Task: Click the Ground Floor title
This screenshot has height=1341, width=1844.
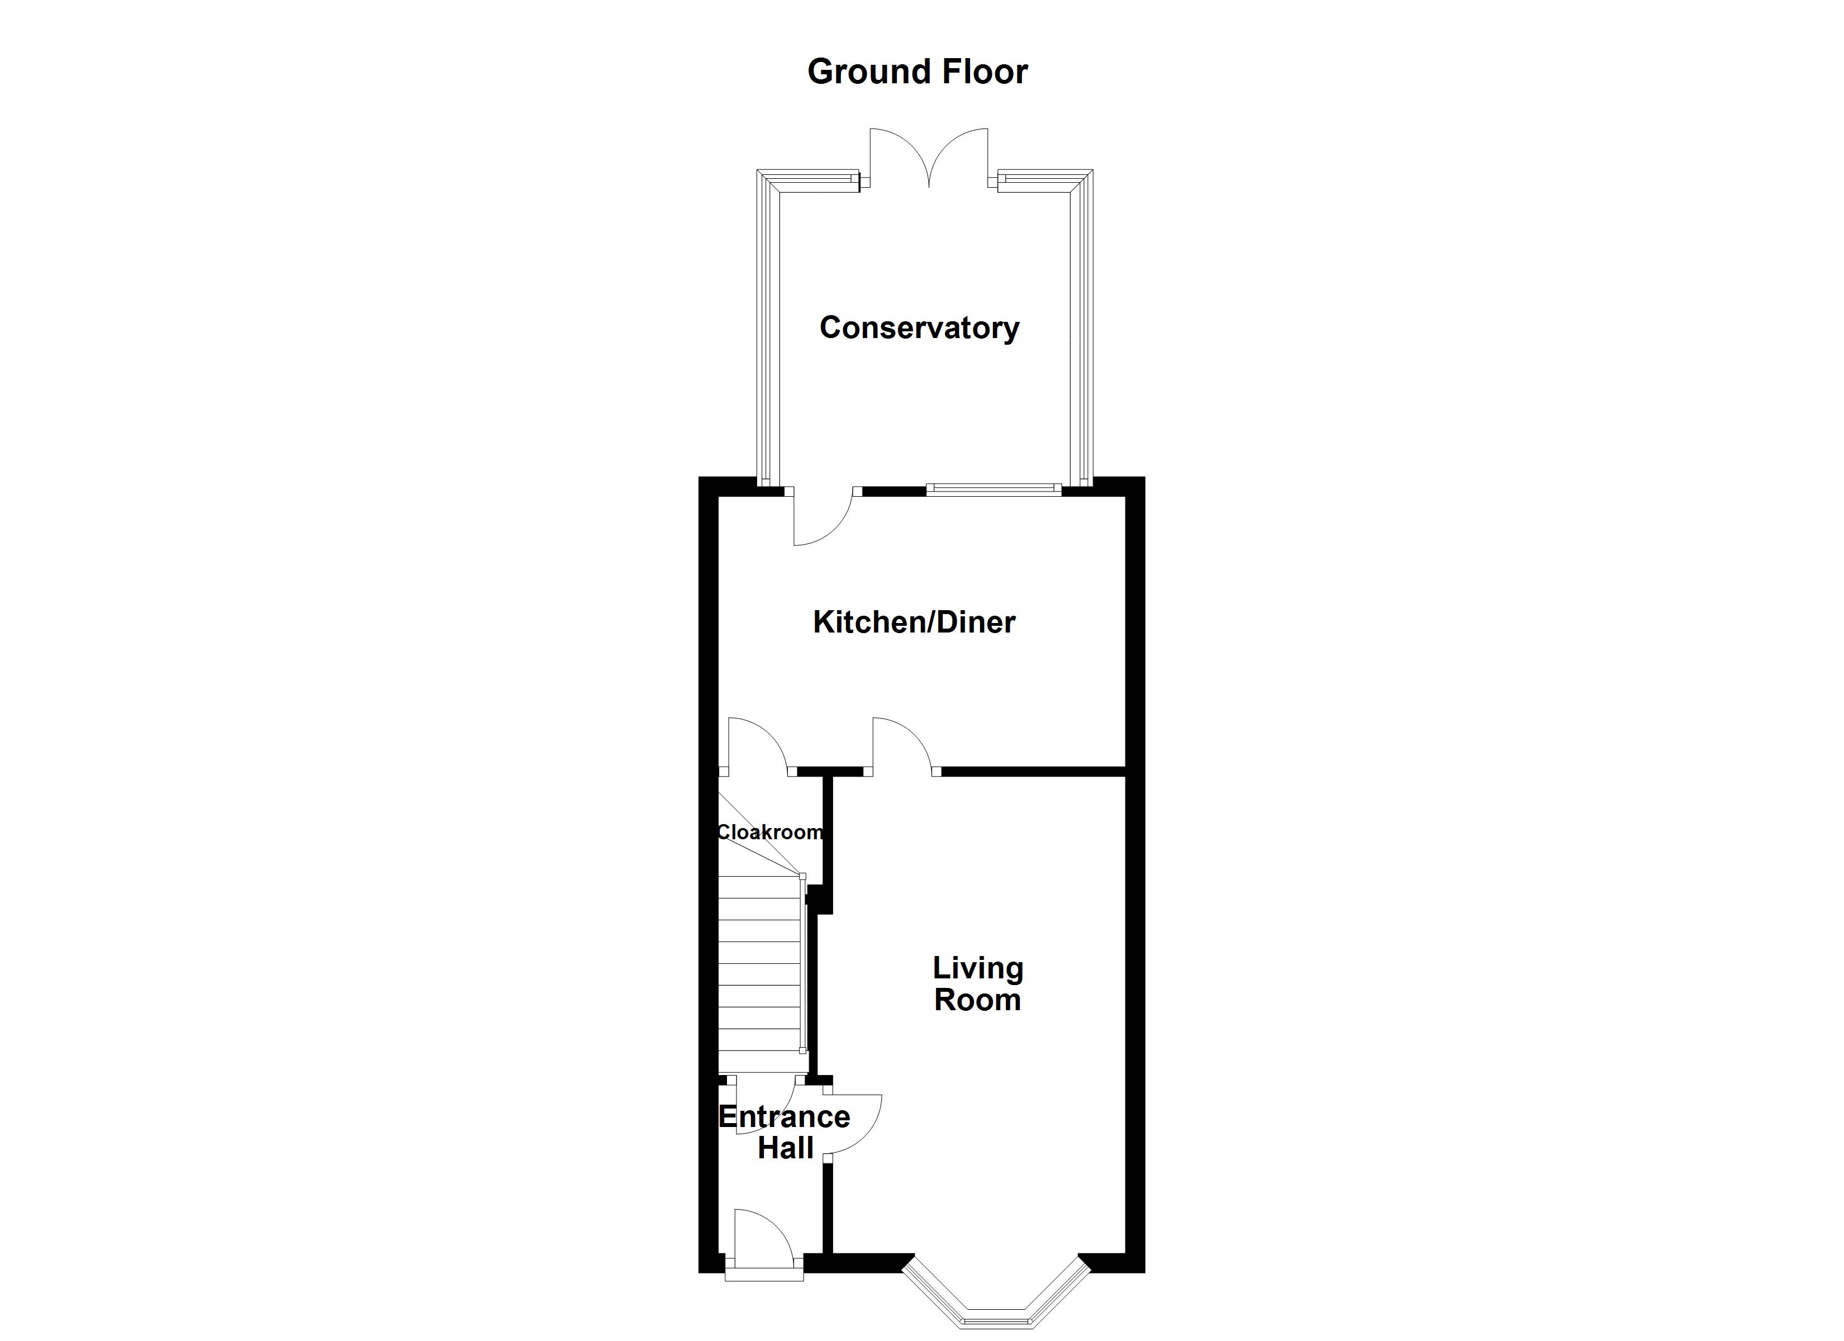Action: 917,72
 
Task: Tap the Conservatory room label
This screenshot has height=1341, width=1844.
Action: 919,328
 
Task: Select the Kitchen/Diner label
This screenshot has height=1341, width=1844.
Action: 914,622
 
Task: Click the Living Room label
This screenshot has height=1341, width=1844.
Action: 977,984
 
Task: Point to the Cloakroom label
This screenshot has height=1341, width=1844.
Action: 769,832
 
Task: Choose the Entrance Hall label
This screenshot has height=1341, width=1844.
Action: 785,1132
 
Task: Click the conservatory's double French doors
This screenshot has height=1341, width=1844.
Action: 929,159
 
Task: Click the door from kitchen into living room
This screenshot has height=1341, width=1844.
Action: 902,744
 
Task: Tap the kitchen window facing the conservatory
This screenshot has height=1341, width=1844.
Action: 994,489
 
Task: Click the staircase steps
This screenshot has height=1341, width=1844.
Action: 759,976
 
